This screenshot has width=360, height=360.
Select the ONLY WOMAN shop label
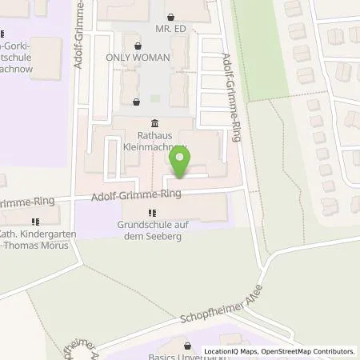click(138, 58)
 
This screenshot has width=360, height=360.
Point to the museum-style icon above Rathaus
click(154, 122)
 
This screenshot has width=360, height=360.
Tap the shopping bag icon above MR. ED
click(170, 16)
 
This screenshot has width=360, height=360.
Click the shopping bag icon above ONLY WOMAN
click(138, 46)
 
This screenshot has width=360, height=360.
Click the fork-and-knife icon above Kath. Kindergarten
click(34, 222)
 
